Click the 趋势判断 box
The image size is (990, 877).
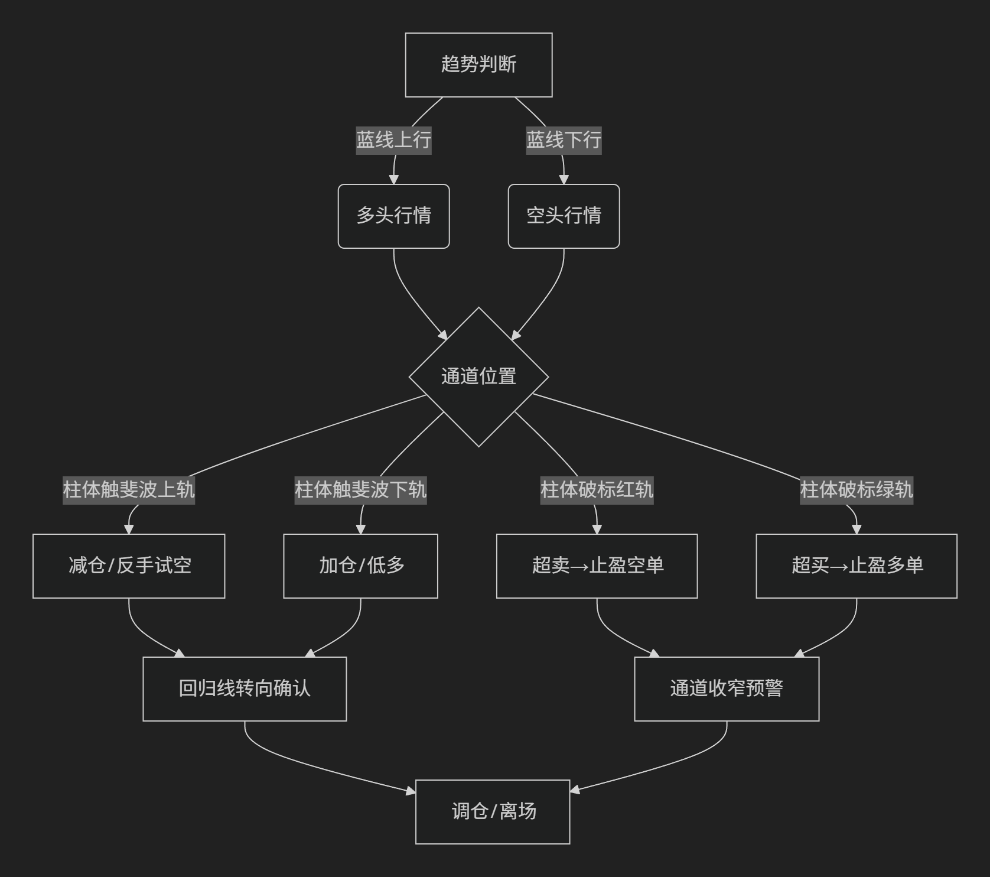[x=478, y=65]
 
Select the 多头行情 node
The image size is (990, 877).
[x=393, y=216]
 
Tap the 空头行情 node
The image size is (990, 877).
[x=564, y=216]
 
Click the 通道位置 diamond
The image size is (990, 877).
[x=478, y=377]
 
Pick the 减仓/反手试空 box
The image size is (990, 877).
[x=129, y=566]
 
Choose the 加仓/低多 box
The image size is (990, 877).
[x=360, y=566]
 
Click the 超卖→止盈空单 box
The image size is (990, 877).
[x=597, y=566]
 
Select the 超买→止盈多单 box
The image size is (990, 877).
[x=857, y=566]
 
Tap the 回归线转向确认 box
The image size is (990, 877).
[x=245, y=689]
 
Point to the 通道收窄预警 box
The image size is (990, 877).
[x=727, y=689]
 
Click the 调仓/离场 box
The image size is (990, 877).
[x=493, y=812]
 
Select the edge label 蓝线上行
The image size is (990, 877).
[x=393, y=140]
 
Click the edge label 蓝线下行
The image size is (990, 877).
[x=564, y=140]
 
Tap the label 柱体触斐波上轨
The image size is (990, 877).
[x=129, y=490]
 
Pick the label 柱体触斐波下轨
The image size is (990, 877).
[x=360, y=490]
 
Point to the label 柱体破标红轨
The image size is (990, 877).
[x=597, y=490]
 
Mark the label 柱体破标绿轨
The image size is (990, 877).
[x=857, y=490]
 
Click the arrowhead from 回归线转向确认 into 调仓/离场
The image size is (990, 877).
[x=411, y=791]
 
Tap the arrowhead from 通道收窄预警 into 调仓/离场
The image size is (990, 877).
[x=575, y=790]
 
